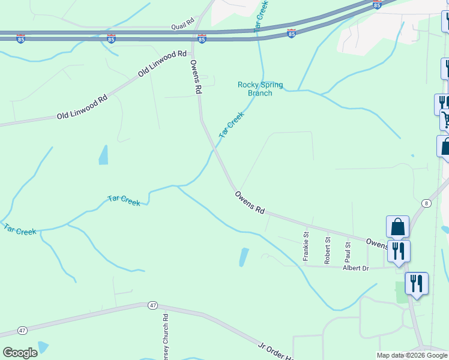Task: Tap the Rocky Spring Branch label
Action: click(260, 89)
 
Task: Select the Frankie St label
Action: click(306, 245)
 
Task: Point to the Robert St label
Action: click(328, 251)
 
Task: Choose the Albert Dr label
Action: click(355, 268)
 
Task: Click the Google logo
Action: click(20, 353)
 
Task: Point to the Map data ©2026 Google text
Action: click(412, 355)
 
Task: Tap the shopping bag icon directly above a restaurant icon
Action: click(397, 227)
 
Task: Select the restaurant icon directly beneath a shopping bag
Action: click(399, 250)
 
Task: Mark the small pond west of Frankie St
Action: click(244, 257)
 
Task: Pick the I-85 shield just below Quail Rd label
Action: click(202, 39)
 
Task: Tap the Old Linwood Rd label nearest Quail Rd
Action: click(162, 64)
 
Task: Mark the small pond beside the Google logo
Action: click(43, 347)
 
